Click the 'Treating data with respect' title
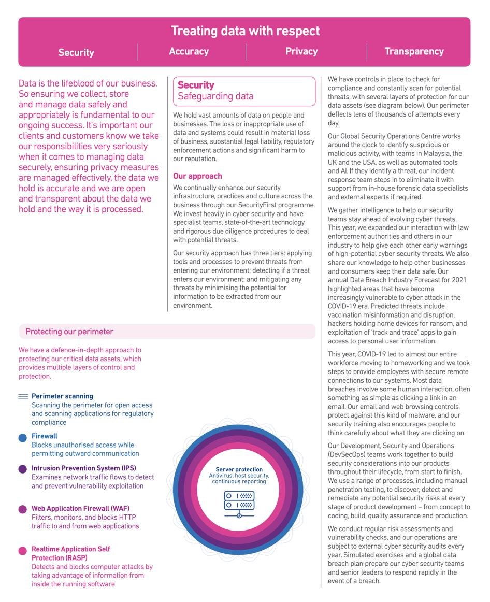tap(245, 31)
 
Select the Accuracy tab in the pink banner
tap(189, 51)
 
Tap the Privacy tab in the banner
tap(301, 51)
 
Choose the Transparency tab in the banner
tap(414, 51)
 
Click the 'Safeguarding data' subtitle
tap(215, 96)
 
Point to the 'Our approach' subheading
tap(197, 176)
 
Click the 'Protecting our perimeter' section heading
tap(69, 332)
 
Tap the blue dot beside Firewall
tap(23, 438)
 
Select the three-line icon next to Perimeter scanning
tap(23, 397)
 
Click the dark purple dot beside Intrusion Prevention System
tap(23, 469)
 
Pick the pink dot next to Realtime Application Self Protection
tap(23, 551)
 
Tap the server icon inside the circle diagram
tap(239, 502)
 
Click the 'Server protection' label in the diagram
tap(239, 469)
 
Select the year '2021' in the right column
tap(458, 280)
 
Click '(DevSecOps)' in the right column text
tap(348, 454)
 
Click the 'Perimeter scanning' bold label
tap(62, 396)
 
